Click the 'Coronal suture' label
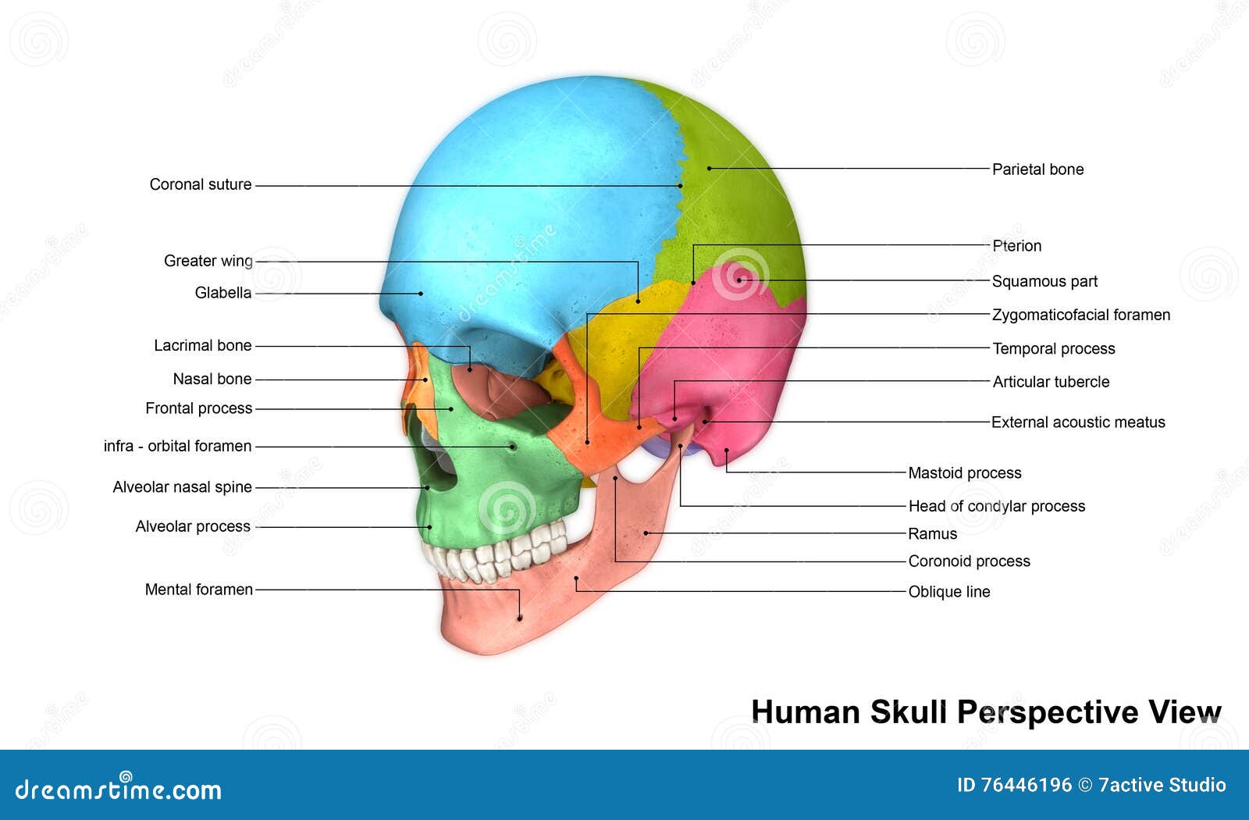click(x=201, y=184)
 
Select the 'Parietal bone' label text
click(x=1037, y=169)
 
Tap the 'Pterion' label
click(x=1016, y=245)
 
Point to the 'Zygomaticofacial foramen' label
click(x=1080, y=315)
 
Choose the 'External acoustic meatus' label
click(x=1077, y=422)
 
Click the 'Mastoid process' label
click(x=964, y=472)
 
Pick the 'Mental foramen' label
click(x=198, y=590)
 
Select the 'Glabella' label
click(x=223, y=293)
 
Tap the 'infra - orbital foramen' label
click(x=177, y=446)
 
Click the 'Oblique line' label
click(x=948, y=592)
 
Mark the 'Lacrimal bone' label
click(x=202, y=345)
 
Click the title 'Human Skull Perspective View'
click(x=986, y=712)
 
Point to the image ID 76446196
click(x=1014, y=785)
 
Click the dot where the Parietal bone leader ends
click(x=709, y=168)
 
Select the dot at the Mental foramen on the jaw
click(x=520, y=619)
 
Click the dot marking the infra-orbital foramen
click(x=513, y=447)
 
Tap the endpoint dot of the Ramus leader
click(x=646, y=533)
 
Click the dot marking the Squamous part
click(x=738, y=280)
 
